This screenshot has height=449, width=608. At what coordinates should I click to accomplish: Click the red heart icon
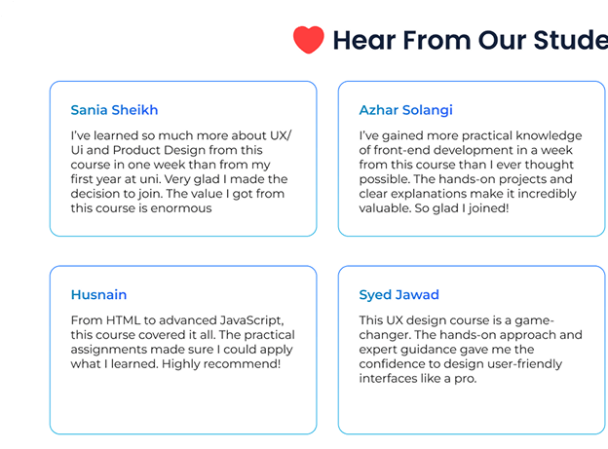click(x=309, y=40)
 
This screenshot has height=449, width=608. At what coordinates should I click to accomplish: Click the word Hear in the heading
click(x=364, y=40)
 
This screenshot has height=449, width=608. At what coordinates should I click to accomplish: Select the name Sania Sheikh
click(x=114, y=110)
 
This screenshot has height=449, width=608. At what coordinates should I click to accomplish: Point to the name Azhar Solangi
click(x=405, y=110)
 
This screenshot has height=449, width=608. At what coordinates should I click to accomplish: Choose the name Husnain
click(x=98, y=295)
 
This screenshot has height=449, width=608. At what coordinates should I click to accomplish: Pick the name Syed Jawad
click(x=399, y=295)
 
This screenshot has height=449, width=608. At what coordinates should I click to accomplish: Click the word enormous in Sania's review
click(x=181, y=208)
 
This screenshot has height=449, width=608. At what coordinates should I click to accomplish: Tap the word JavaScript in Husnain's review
click(x=252, y=320)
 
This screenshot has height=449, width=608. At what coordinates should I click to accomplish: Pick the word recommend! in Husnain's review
click(x=243, y=363)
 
